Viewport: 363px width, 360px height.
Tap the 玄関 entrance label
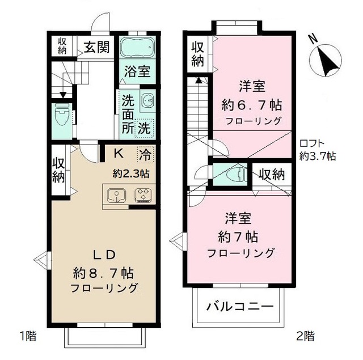[x=97, y=47]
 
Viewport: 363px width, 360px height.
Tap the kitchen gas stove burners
[x=142, y=195]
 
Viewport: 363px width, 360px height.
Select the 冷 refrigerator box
[x=146, y=153]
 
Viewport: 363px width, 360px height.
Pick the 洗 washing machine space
[x=145, y=127]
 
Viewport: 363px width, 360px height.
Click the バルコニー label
[x=240, y=308]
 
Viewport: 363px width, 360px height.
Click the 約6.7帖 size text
[x=252, y=105]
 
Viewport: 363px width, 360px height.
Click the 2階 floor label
[x=305, y=336]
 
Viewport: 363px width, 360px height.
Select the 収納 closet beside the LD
[x=59, y=169]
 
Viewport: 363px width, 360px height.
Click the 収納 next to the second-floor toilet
[x=272, y=175]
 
